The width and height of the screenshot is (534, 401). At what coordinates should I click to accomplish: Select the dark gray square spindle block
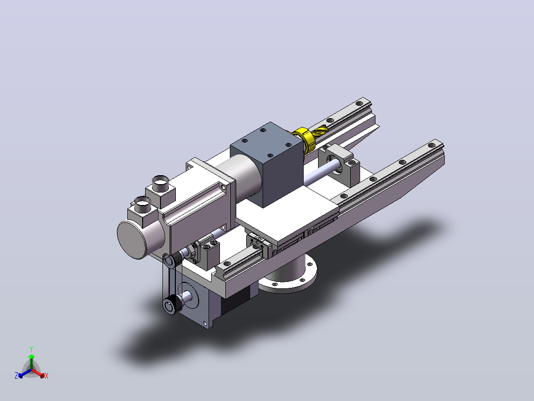267,164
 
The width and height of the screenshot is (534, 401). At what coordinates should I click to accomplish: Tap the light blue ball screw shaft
322,175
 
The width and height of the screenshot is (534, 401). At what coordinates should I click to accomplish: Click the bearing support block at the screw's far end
339,163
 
